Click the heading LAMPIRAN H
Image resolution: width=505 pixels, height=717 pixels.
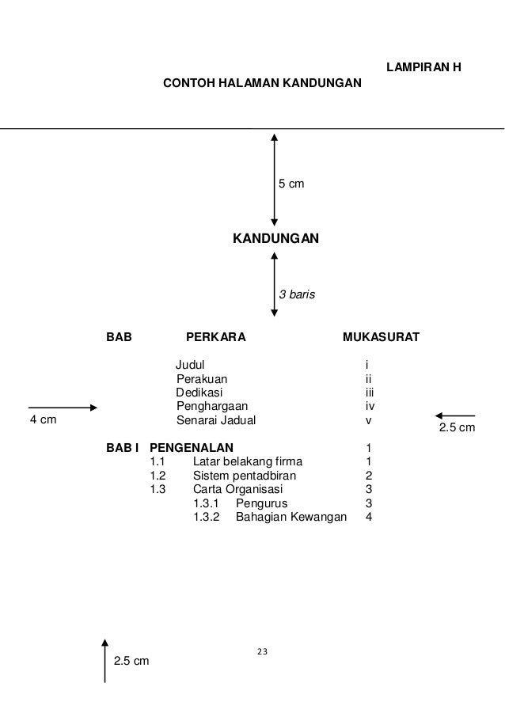tap(423, 67)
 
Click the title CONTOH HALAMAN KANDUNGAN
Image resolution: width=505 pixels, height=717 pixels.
tap(260, 82)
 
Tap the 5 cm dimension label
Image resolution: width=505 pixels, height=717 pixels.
tap(290, 184)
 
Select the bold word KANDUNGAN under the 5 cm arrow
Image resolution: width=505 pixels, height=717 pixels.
tap(275, 237)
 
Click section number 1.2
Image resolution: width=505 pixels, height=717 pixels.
tap(158, 476)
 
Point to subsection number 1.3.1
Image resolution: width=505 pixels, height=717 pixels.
tap(208, 503)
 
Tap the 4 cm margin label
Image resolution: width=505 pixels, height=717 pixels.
tap(43, 420)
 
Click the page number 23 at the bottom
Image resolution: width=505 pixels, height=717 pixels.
tap(263, 652)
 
